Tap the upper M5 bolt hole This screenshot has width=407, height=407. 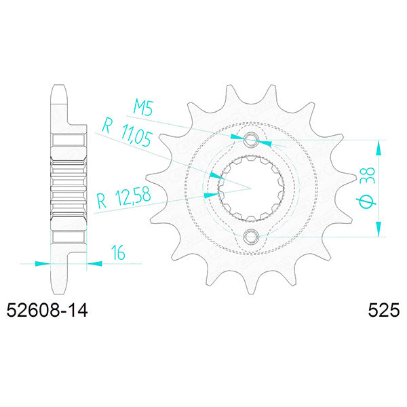(251, 140)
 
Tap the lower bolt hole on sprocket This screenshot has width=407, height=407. (251, 237)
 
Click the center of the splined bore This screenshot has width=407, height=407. (251, 188)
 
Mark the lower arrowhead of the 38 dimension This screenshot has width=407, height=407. (379, 230)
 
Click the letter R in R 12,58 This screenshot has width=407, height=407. (102, 200)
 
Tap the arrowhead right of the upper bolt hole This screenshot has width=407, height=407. (267, 143)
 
